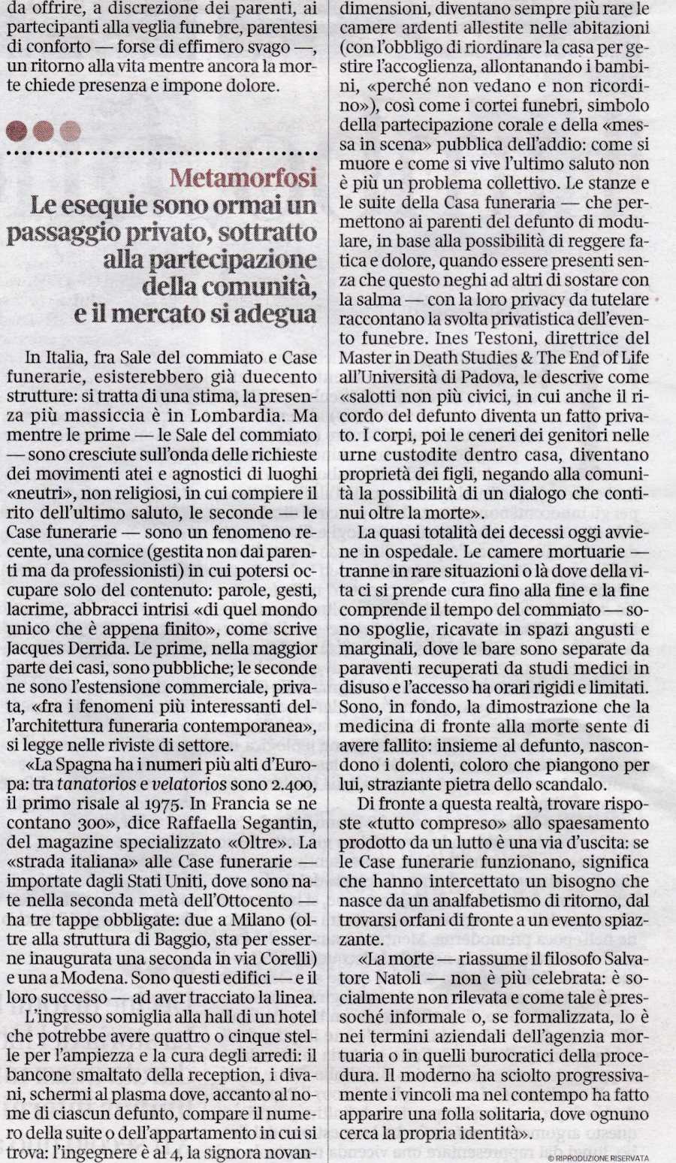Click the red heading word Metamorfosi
(243, 178)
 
